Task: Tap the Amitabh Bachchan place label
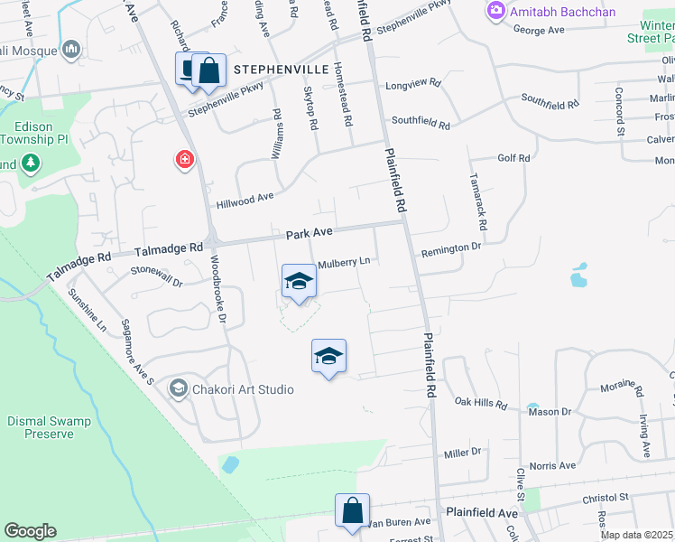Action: (564, 11)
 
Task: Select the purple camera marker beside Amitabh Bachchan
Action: (495, 11)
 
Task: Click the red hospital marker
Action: (184, 160)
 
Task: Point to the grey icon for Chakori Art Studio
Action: (177, 389)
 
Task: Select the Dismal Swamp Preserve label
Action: (41, 427)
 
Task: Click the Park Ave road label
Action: (310, 233)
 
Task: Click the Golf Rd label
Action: (513, 157)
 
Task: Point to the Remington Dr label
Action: (450, 247)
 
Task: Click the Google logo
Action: (30, 530)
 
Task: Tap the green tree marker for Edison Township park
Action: (31, 163)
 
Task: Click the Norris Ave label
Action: (553, 466)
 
